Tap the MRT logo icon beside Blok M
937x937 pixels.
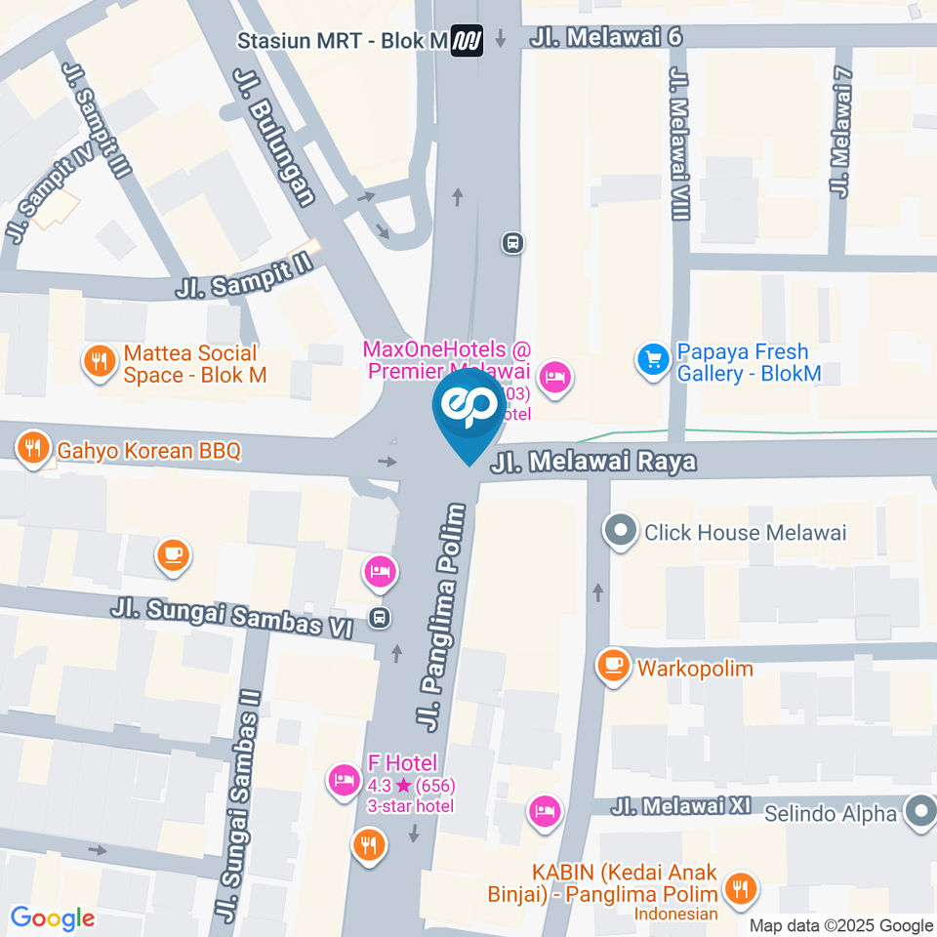(468, 41)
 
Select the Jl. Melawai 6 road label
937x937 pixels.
(605, 37)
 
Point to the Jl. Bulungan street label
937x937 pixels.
(275, 136)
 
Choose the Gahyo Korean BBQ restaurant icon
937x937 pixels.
(33, 448)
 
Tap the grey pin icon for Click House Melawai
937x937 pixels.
(619, 532)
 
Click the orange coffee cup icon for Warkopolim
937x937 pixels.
(613, 666)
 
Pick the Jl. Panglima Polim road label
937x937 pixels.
(442, 618)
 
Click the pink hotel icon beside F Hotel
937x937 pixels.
(344, 778)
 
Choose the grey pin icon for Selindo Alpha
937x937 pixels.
(918, 812)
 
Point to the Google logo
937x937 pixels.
(52, 917)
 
